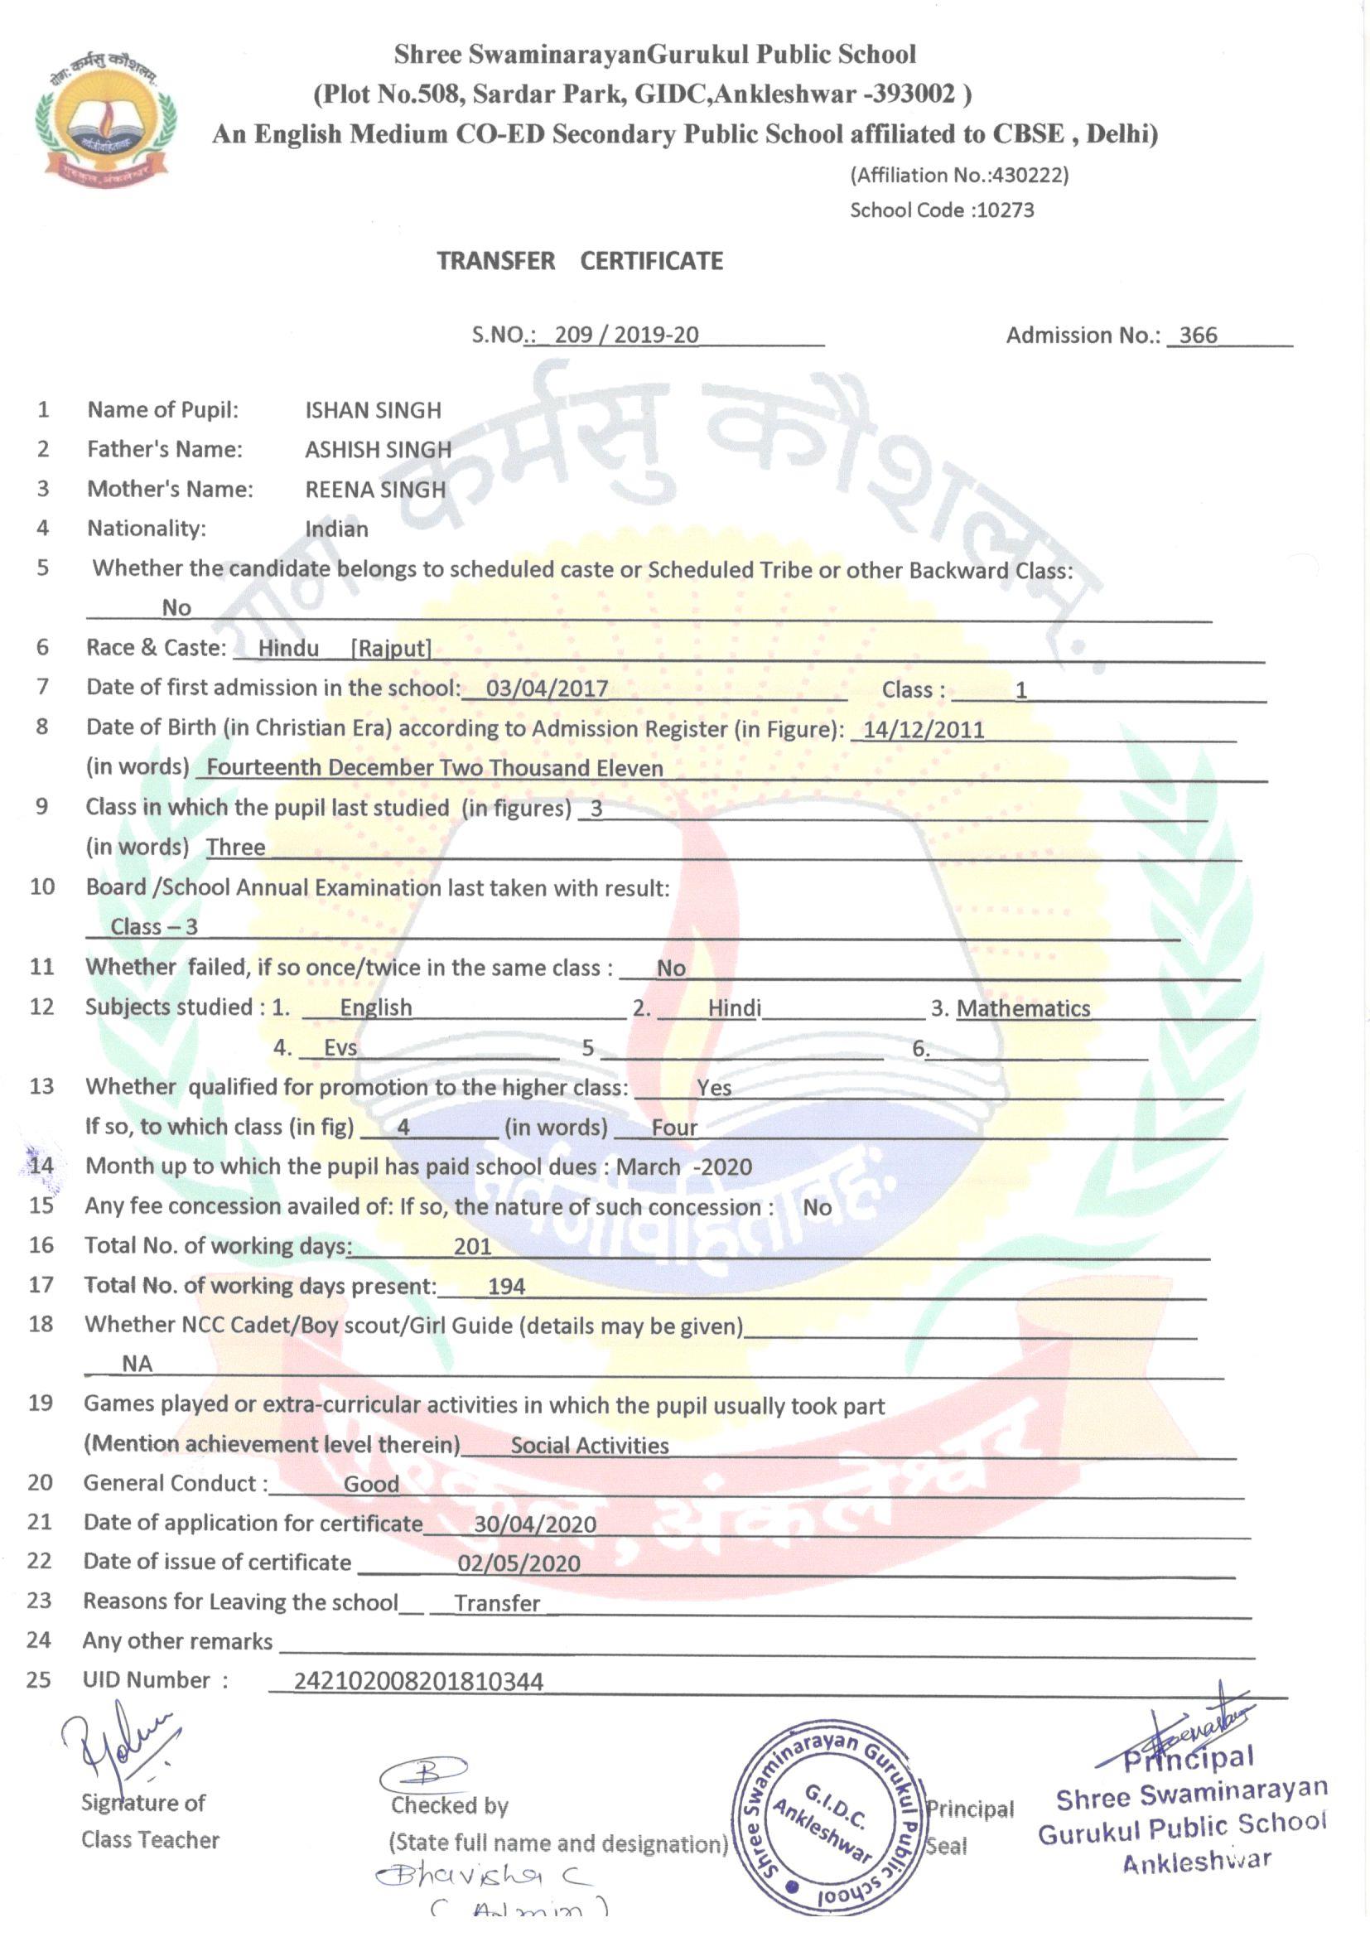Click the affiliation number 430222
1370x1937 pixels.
tap(1029, 176)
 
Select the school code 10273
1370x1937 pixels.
tap(1004, 210)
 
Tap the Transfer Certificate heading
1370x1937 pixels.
tap(580, 261)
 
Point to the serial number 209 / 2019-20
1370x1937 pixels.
tap(626, 335)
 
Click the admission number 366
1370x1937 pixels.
tap(1198, 335)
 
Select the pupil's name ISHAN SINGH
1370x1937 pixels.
tap(373, 410)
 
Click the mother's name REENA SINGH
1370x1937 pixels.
tap(375, 490)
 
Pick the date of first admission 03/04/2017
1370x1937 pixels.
tap(547, 688)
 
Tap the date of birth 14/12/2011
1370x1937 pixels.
tap(924, 730)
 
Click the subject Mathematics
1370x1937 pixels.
tap(1023, 1008)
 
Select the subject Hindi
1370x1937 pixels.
tap(734, 1008)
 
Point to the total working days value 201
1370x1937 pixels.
tap(472, 1246)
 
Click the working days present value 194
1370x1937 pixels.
tap(506, 1286)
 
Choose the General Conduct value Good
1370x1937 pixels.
tap(371, 1484)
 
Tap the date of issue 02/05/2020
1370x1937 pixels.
tap(519, 1563)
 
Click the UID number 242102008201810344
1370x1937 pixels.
tap(418, 1681)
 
